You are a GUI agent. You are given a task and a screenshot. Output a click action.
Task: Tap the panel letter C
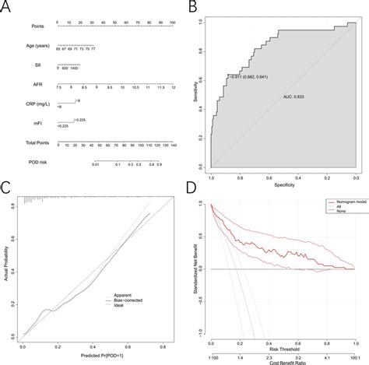(6, 189)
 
